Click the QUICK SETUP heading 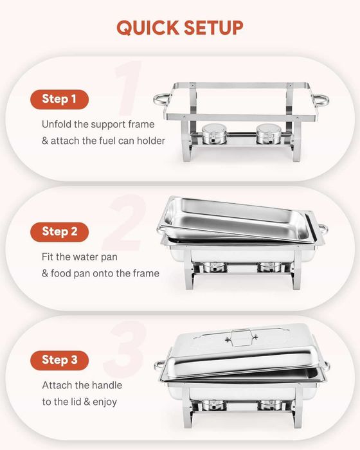pyautogui.click(x=180, y=28)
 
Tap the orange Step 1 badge pyautogui.click(x=59, y=99)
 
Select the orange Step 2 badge pyautogui.click(x=59, y=231)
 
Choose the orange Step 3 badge pyautogui.click(x=59, y=360)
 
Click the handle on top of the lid pyautogui.click(x=241, y=334)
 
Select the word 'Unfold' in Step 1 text pyautogui.click(x=58, y=124)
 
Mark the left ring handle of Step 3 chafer pyautogui.click(x=159, y=366)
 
